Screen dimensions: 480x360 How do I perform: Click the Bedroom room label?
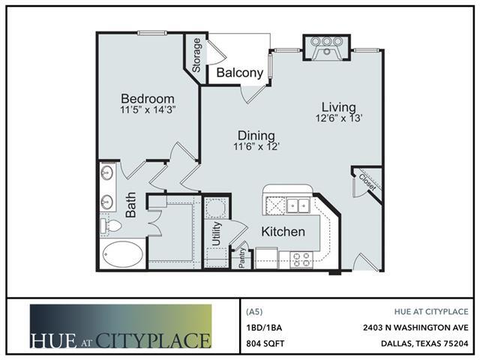[x=148, y=98]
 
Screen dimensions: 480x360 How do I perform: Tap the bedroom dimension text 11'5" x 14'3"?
[x=148, y=109]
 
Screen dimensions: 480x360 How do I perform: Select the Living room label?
[x=339, y=107]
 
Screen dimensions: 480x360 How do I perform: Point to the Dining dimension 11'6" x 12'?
[x=256, y=147]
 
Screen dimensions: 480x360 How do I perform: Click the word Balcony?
[x=240, y=73]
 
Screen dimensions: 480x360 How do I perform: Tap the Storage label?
[x=196, y=55]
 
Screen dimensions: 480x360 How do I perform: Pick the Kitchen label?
[x=283, y=232]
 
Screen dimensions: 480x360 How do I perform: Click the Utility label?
[x=217, y=234]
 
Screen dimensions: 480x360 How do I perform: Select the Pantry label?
[x=241, y=258]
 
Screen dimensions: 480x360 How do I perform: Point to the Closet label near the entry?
[x=367, y=182]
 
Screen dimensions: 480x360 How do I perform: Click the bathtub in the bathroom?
[x=123, y=254]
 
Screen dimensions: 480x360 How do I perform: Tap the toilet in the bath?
[x=111, y=226]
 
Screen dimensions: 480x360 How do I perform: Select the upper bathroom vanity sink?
[x=107, y=173]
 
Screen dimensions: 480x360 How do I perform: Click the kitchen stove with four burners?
[x=301, y=260]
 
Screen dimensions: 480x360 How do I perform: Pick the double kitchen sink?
[x=298, y=205]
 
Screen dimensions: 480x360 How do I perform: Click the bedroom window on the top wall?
[x=151, y=33]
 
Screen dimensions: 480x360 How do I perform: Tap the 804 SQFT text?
[x=265, y=343]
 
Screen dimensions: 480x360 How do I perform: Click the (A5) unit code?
[x=254, y=312]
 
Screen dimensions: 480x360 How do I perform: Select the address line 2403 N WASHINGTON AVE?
[x=415, y=328]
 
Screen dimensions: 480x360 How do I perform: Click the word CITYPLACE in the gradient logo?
[x=154, y=340]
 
